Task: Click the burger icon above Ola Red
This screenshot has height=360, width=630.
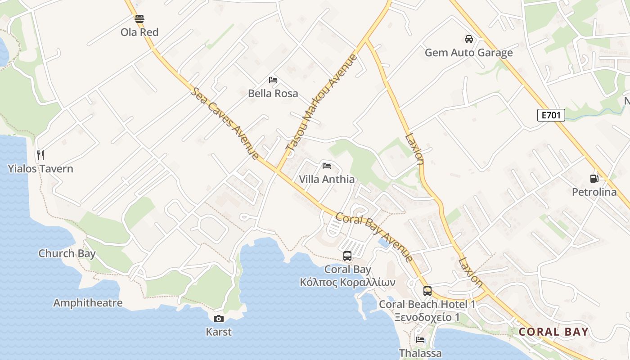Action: pyautogui.click(x=139, y=19)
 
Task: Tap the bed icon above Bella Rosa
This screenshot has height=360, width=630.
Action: pyautogui.click(x=273, y=80)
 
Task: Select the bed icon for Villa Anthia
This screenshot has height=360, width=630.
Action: pyautogui.click(x=327, y=166)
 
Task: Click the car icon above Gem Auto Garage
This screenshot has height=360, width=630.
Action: pyautogui.click(x=469, y=39)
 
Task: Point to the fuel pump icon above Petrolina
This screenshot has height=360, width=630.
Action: pyautogui.click(x=594, y=179)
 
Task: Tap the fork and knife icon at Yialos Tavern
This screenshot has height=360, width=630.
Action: pyautogui.click(x=40, y=155)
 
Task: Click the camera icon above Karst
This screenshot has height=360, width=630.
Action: pyautogui.click(x=219, y=319)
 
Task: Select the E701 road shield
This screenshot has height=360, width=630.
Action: pyautogui.click(x=551, y=115)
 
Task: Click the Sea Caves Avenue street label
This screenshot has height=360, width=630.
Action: pyautogui.click(x=225, y=123)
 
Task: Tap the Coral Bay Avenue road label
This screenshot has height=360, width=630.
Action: pyautogui.click(x=374, y=237)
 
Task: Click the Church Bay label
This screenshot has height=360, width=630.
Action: pyautogui.click(x=67, y=253)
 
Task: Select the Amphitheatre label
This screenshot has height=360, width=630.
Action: pyautogui.click(x=88, y=303)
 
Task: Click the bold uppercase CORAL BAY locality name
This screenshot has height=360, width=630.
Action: pyautogui.click(x=553, y=332)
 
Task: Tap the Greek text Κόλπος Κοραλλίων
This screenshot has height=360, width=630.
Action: pyautogui.click(x=347, y=283)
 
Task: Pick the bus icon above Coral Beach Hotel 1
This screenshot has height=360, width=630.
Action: pyautogui.click(x=427, y=291)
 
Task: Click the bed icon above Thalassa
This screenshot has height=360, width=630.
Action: pyautogui.click(x=420, y=340)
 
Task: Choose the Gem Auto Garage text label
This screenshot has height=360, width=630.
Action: pyautogui.click(x=469, y=53)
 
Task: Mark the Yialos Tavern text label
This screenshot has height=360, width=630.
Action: pyautogui.click(x=40, y=169)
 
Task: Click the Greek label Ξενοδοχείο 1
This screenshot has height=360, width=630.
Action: pyautogui.click(x=427, y=317)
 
